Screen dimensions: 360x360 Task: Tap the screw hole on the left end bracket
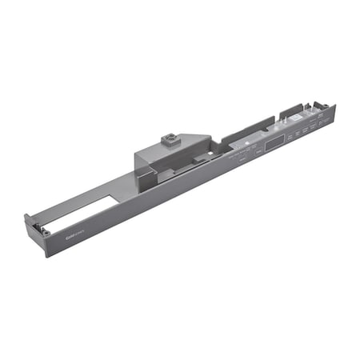[46, 232]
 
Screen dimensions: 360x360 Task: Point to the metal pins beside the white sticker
[289, 120]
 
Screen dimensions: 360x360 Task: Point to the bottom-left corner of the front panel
[46, 256]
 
